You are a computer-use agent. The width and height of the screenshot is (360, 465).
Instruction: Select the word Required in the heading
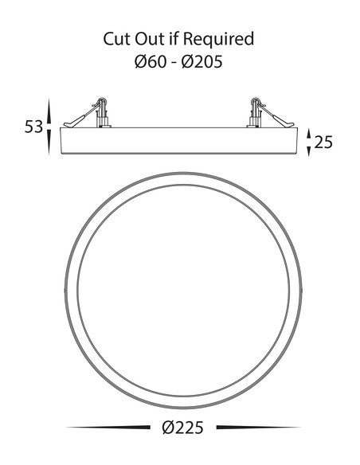(218, 40)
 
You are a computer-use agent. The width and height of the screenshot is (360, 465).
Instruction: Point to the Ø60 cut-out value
(151, 62)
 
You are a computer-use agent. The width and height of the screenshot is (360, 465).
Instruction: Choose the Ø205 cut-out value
(202, 62)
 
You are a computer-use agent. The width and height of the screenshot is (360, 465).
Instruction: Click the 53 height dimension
(33, 127)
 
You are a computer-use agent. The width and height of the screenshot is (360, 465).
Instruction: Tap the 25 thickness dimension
(323, 142)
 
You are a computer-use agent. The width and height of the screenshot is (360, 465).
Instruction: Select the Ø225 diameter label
(183, 428)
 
